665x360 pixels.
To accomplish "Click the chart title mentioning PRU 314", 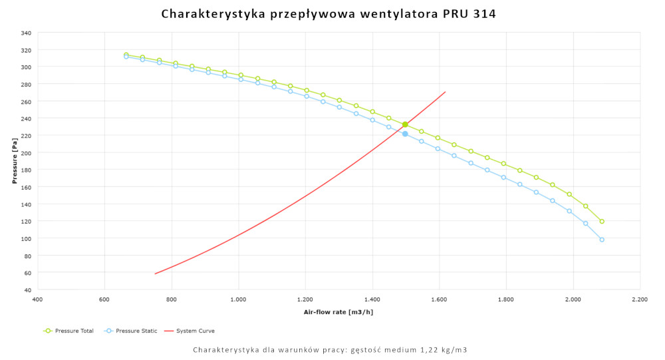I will [x=329, y=14].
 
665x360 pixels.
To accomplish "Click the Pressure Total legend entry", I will [x=68, y=331].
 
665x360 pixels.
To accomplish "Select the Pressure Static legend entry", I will [x=130, y=331].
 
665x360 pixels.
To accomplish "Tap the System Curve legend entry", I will [x=189, y=331].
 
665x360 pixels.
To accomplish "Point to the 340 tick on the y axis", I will [x=26, y=33].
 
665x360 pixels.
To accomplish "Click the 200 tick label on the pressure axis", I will [x=26, y=152].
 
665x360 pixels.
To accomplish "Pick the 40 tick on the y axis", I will [x=27, y=289].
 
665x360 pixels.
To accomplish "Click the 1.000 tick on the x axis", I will [x=238, y=300].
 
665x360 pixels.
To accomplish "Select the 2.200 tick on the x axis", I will [x=640, y=300].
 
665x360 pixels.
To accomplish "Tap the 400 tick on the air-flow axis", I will [x=37, y=300].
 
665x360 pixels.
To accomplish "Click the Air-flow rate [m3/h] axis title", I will [x=338, y=311].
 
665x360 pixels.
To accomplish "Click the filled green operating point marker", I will [x=405, y=124].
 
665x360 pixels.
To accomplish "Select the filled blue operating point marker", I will [x=405, y=134].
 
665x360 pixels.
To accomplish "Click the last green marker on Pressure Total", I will [x=602, y=222].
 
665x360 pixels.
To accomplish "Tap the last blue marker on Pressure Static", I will [x=602, y=240].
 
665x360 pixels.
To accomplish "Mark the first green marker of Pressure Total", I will [x=126, y=55].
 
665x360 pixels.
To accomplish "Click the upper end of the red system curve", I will [x=445, y=92].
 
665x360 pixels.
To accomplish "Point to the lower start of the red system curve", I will [x=155, y=273].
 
